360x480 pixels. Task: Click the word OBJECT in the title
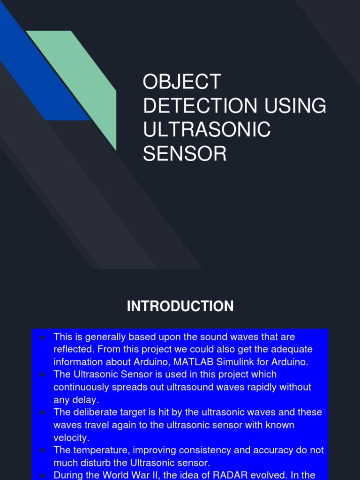click(x=182, y=82)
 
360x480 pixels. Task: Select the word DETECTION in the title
click(x=200, y=106)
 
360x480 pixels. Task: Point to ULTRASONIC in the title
click(x=207, y=130)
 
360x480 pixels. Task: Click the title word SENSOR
click(x=185, y=154)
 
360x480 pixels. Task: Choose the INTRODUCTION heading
click(x=180, y=307)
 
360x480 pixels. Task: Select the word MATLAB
click(x=196, y=362)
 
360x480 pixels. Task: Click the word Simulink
click(x=234, y=362)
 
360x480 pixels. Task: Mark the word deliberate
click(x=93, y=412)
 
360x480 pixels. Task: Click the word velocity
click(x=71, y=437)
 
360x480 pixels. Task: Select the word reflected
click(x=71, y=349)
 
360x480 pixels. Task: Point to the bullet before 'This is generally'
click(x=42, y=337)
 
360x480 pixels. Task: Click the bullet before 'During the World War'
click(x=42, y=475)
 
